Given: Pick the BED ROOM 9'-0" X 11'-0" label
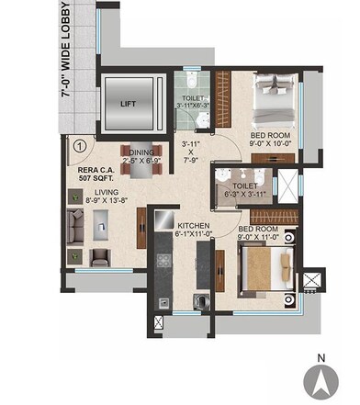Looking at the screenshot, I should [x=258, y=233].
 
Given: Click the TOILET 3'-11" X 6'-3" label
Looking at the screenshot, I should [x=195, y=101].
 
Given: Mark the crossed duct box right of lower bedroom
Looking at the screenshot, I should [x=315, y=278].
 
